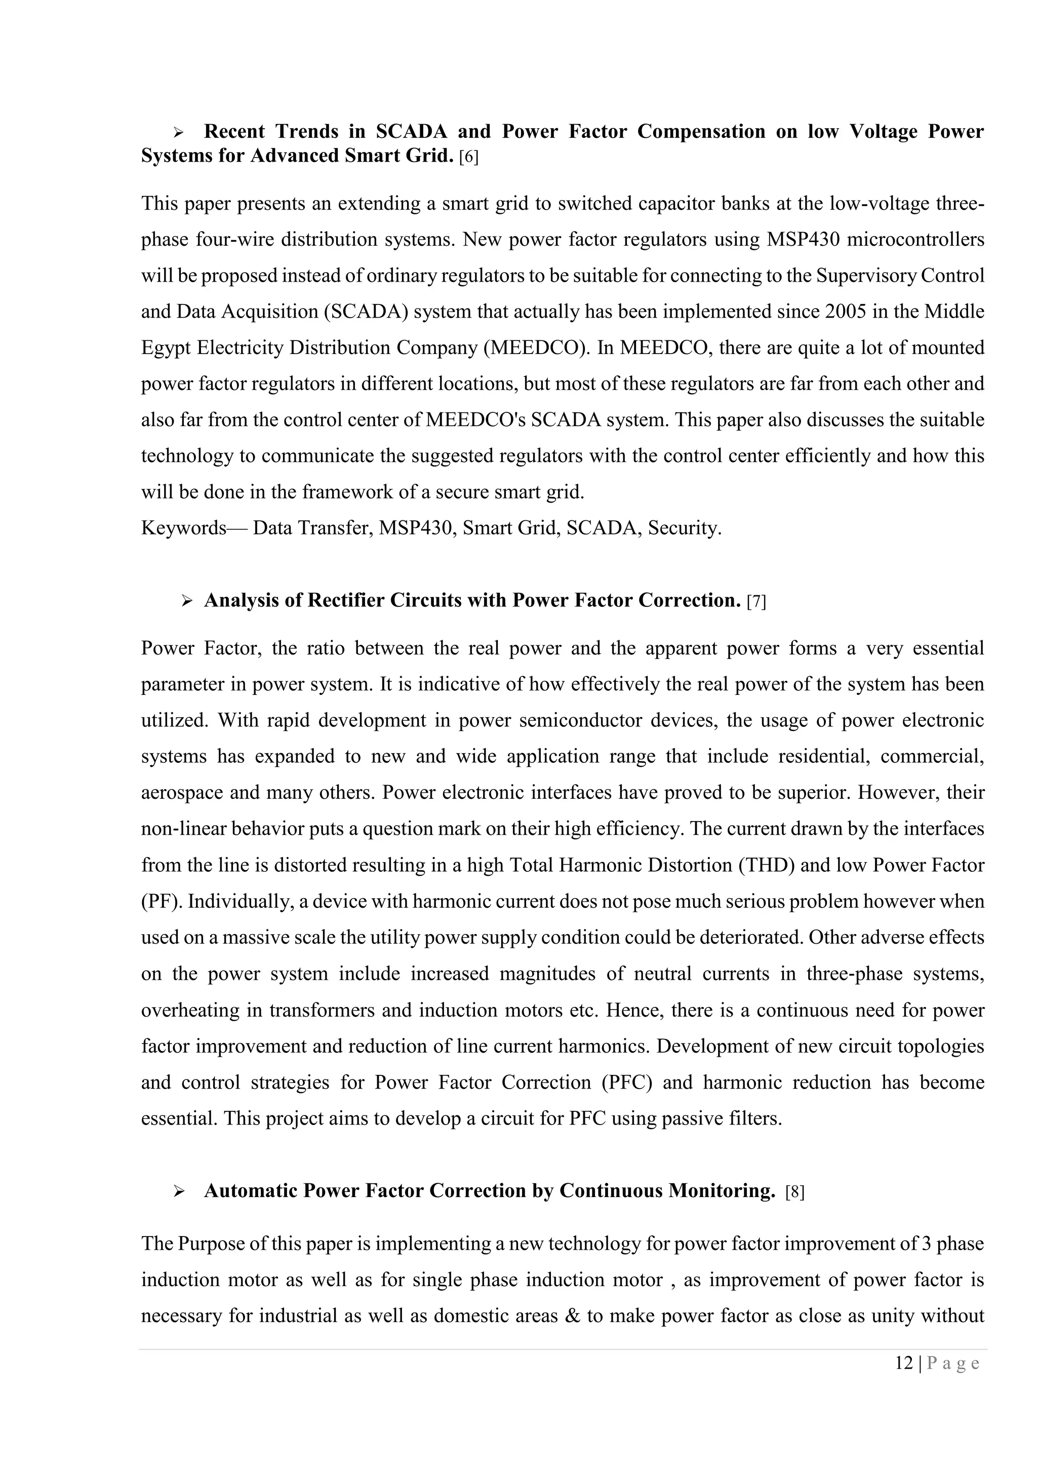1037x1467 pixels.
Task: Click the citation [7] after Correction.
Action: pos(756,602)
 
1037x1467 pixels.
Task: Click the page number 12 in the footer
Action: pos(904,1364)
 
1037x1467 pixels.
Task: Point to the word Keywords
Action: pos(184,528)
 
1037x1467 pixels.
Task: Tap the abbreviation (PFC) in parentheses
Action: pos(627,1083)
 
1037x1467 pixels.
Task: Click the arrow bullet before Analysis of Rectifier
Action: pos(187,601)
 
